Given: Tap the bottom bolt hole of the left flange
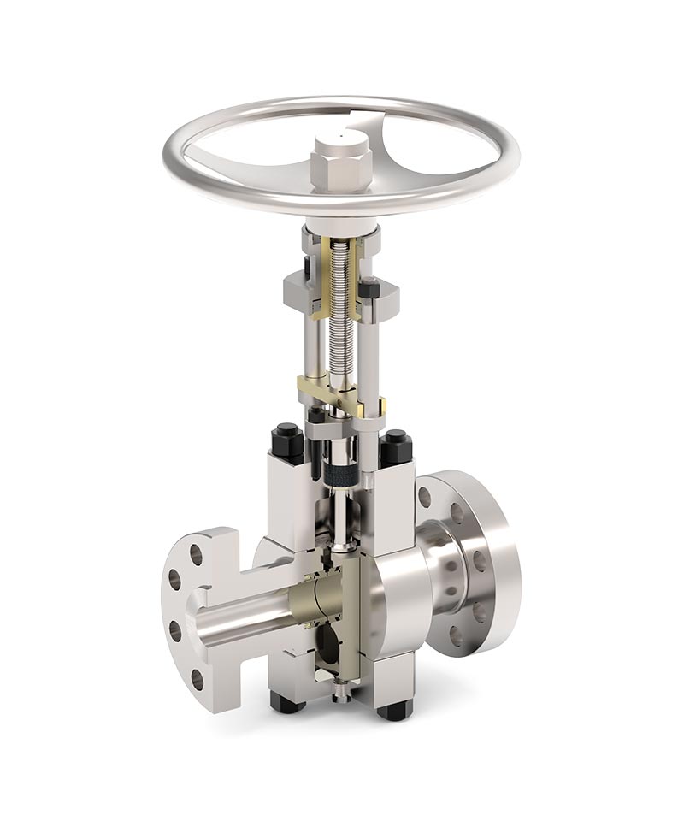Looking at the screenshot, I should [198, 680].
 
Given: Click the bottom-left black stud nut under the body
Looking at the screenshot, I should [286, 703].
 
